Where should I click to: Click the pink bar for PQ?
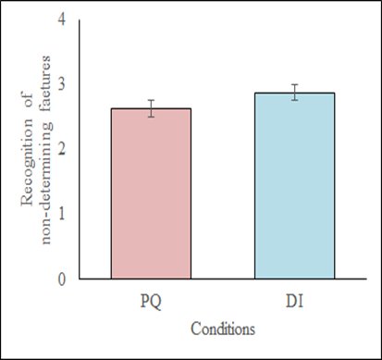(x=151, y=194)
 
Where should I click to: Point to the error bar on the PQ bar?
(x=151, y=108)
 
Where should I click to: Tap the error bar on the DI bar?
(x=294, y=92)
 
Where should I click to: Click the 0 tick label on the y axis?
(x=63, y=279)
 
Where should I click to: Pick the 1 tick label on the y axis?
(x=63, y=214)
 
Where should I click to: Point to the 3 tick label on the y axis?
(x=63, y=84)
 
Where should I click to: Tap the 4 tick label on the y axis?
(x=63, y=19)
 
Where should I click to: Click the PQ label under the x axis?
(x=151, y=301)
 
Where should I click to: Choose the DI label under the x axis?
(x=294, y=301)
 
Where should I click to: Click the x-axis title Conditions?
(x=223, y=328)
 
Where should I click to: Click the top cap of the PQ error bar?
(x=151, y=100)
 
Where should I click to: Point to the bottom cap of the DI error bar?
(x=294, y=100)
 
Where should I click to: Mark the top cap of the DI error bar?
(x=294, y=84)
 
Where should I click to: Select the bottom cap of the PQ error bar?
(x=151, y=117)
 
